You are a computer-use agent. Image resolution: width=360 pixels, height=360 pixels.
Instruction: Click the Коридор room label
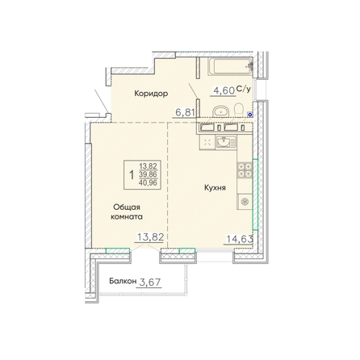(151, 94)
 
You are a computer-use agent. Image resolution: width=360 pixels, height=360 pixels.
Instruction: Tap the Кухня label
(215, 188)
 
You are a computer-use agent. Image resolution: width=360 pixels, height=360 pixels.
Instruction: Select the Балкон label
(123, 282)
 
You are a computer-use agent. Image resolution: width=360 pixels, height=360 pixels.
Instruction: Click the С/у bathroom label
(244, 89)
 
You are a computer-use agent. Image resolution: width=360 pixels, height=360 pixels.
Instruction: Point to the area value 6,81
(185, 112)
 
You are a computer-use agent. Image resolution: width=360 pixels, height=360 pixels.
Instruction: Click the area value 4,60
(224, 90)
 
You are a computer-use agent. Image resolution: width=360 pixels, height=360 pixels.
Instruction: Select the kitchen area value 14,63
(240, 239)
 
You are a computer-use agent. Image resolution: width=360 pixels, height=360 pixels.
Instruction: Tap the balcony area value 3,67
(150, 283)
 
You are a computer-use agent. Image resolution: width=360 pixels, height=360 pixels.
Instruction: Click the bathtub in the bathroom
(230, 66)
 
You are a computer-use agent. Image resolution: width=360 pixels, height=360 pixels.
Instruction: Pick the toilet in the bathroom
(238, 111)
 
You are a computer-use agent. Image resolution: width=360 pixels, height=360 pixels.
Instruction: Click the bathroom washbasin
(221, 111)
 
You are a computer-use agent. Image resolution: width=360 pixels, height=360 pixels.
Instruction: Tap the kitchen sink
(225, 142)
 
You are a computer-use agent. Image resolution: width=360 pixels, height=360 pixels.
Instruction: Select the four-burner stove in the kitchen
(245, 170)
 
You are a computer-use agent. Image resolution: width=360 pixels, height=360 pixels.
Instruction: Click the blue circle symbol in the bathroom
(250, 115)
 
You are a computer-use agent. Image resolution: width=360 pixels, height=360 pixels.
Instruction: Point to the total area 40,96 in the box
(148, 183)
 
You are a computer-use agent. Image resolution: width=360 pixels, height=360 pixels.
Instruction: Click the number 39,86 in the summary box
(148, 174)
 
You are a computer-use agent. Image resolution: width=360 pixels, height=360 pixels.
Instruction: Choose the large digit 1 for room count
(132, 175)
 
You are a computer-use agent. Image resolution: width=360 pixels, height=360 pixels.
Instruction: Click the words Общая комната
(127, 212)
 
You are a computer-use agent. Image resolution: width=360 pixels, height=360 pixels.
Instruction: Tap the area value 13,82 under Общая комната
(151, 237)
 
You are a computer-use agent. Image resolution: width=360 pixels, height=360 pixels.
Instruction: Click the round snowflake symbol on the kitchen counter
(245, 202)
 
